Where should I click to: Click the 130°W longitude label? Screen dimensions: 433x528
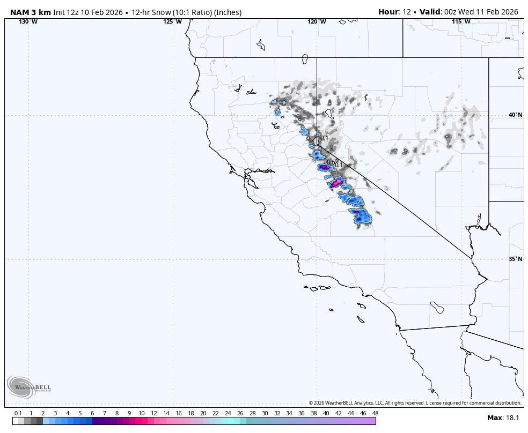pyautogui.click(x=28, y=21)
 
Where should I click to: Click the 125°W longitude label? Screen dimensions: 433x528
pyautogui.click(x=172, y=21)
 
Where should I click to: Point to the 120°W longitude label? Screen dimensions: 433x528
pyautogui.click(x=317, y=21)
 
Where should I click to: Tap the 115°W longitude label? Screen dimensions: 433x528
pyautogui.click(x=461, y=21)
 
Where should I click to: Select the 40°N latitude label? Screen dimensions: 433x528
pyautogui.click(x=515, y=115)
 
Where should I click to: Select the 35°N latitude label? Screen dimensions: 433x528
pyautogui.click(x=515, y=259)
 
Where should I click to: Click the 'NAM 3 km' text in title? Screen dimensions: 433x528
pyautogui.click(x=31, y=12)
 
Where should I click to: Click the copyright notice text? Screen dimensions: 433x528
pyautogui.click(x=415, y=403)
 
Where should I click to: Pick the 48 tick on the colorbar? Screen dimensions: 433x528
pyautogui.click(x=375, y=413)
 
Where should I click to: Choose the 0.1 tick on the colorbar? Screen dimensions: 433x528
pyautogui.click(x=18, y=413)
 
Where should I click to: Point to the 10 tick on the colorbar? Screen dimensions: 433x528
pyautogui.click(x=141, y=413)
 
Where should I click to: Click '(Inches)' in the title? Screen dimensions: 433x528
pyautogui.click(x=228, y=12)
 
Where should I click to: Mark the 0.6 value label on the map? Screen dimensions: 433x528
pyautogui.click(x=331, y=162)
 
